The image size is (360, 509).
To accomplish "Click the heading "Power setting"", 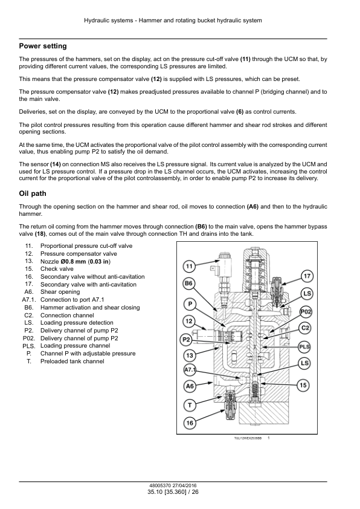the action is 43,46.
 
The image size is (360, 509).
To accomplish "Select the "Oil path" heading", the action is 33,193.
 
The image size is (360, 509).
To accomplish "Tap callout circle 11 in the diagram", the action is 189,267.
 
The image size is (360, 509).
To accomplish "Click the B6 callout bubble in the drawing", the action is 188,284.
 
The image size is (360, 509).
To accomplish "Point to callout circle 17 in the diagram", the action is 307,276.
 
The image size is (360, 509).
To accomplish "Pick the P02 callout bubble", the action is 306,312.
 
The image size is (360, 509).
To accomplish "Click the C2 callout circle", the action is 305,328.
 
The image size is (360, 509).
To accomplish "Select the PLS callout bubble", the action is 304,347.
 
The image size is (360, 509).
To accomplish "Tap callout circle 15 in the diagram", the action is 303,385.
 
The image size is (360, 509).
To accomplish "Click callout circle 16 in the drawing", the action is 190,423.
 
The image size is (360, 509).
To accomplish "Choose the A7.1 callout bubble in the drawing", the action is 190,370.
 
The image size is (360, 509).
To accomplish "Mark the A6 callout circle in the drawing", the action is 190,386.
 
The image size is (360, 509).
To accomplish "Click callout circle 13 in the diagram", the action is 190,355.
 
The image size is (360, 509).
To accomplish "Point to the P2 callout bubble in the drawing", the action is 186,340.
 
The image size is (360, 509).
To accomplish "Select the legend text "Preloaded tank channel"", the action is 72,361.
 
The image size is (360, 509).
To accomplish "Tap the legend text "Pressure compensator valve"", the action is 79,254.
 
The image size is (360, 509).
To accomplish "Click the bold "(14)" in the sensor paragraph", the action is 56,164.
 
